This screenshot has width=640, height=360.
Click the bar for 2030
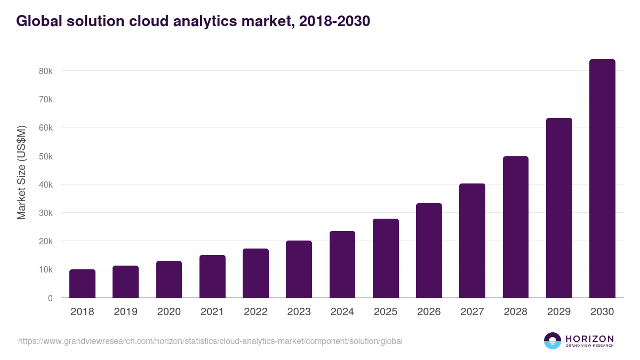click(x=602, y=179)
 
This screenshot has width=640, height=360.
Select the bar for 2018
click(x=82, y=284)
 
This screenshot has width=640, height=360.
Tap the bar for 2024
click(x=342, y=265)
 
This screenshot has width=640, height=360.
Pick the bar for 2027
click(x=472, y=241)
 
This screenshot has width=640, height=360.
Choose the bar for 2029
click(x=559, y=208)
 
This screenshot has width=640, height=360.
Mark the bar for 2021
click(x=212, y=276)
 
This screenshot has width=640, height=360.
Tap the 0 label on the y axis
click(x=50, y=298)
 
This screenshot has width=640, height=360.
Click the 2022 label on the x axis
click(x=255, y=312)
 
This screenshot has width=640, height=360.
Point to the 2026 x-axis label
click(x=429, y=312)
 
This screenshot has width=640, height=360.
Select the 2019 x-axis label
click(x=125, y=312)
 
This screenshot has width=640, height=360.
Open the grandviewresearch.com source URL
click(x=210, y=341)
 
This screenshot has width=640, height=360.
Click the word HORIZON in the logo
click(x=589, y=339)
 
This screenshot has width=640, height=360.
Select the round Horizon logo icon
click(x=552, y=341)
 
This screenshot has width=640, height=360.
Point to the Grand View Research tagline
click(x=589, y=346)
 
